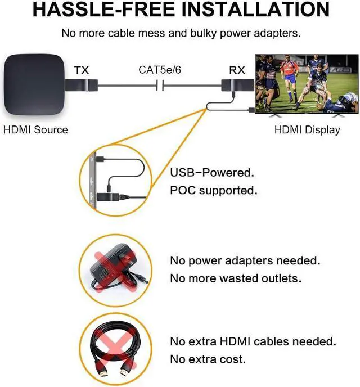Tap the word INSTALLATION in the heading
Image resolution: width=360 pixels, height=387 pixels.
click(258, 10)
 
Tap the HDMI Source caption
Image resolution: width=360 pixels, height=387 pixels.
click(35, 130)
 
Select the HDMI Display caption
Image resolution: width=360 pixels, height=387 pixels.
click(307, 130)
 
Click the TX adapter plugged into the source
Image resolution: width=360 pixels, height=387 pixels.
click(83, 86)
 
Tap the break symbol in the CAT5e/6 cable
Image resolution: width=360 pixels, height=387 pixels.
click(160, 86)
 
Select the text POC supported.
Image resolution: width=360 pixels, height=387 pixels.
click(214, 191)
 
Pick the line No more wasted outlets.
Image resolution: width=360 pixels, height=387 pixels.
click(243, 278)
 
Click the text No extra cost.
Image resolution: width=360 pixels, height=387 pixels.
click(208, 359)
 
